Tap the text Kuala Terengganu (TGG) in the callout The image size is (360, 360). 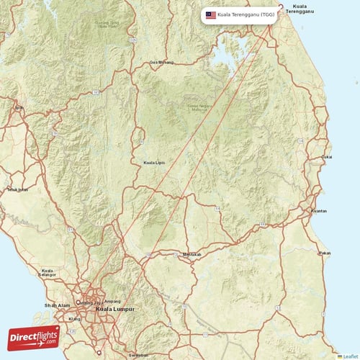coord(246,14)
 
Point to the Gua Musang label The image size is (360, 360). coord(161,62)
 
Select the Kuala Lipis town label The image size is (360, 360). coord(154,163)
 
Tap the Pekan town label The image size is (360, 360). coord(325,253)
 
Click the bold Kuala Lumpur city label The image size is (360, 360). coord(110,309)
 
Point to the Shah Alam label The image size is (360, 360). coord(55,305)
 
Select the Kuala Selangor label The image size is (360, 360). coord(48,273)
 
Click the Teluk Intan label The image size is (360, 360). coord(17,190)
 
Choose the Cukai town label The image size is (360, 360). coord(327,156)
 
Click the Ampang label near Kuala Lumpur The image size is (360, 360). coord(112,301)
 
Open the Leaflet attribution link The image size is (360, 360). coord(349,356)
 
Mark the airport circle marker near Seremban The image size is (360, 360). coord(99,353)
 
